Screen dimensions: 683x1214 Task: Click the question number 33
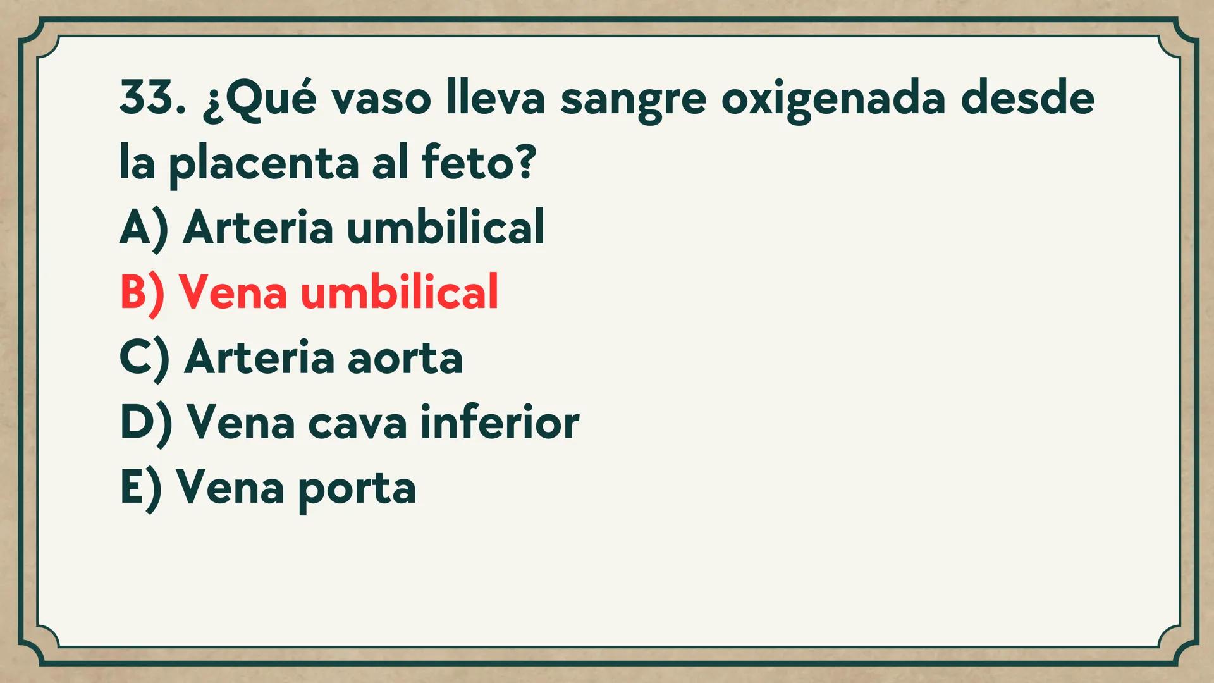coord(152,99)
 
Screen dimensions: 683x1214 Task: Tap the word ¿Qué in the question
coord(259,100)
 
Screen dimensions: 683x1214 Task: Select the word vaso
coord(381,100)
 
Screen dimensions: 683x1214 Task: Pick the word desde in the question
coord(1027,99)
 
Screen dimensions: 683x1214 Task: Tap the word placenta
coord(264,164)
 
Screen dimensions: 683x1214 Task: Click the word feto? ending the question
coord(479,162)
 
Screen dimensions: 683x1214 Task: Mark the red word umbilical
coord(400,292)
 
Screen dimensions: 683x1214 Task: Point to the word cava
coord(357,424)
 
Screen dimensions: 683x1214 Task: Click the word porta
coord(357,491)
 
